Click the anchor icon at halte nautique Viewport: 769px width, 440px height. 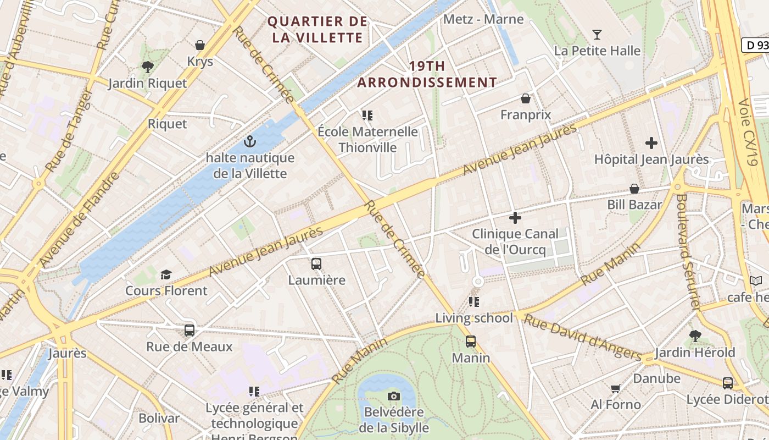(250, 142)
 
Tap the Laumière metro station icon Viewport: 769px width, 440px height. (316, 264)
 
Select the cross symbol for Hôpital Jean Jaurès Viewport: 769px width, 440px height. (651, 144)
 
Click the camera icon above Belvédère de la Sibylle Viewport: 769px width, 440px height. (393, 397)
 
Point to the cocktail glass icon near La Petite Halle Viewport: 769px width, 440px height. (597, 35)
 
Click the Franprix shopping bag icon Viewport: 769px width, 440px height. (526, 99)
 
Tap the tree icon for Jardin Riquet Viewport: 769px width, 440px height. (147, 67)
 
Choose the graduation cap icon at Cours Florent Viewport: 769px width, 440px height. (166, 274)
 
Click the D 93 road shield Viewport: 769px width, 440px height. (756, 45)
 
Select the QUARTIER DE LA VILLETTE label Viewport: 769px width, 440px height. (317, 30)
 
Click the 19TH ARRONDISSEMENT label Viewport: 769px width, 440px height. (427, 74)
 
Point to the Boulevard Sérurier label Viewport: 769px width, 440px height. (689, 250)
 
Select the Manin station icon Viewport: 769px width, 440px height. (471, 342)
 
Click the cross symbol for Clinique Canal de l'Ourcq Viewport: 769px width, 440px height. (515, 218)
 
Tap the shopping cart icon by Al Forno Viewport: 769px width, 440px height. (615, 389)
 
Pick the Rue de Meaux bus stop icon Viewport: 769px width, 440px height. (190, 331)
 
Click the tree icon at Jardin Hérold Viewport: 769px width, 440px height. (695, 335)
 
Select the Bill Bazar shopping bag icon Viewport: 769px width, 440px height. (634, 189)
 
